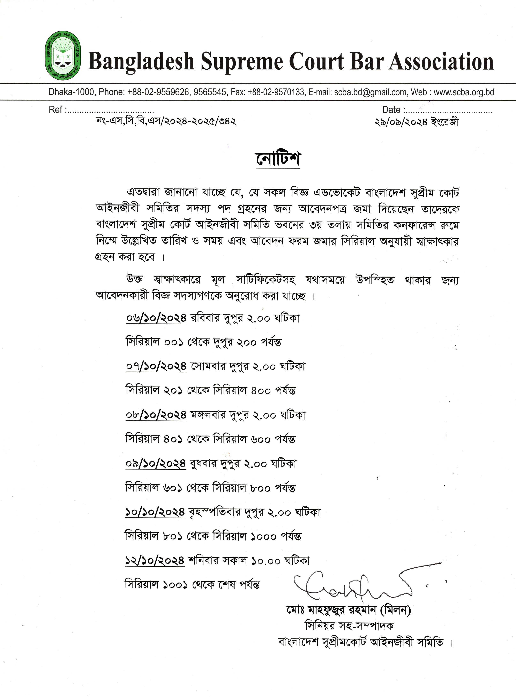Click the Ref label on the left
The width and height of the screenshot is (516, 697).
coord(56,110)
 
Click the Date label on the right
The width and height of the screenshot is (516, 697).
coord(392,110)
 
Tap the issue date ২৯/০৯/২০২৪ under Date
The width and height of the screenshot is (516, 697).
coord(401,122)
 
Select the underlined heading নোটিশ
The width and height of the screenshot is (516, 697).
coord(278,159)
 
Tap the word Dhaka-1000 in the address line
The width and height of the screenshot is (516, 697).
coord(71,92)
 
